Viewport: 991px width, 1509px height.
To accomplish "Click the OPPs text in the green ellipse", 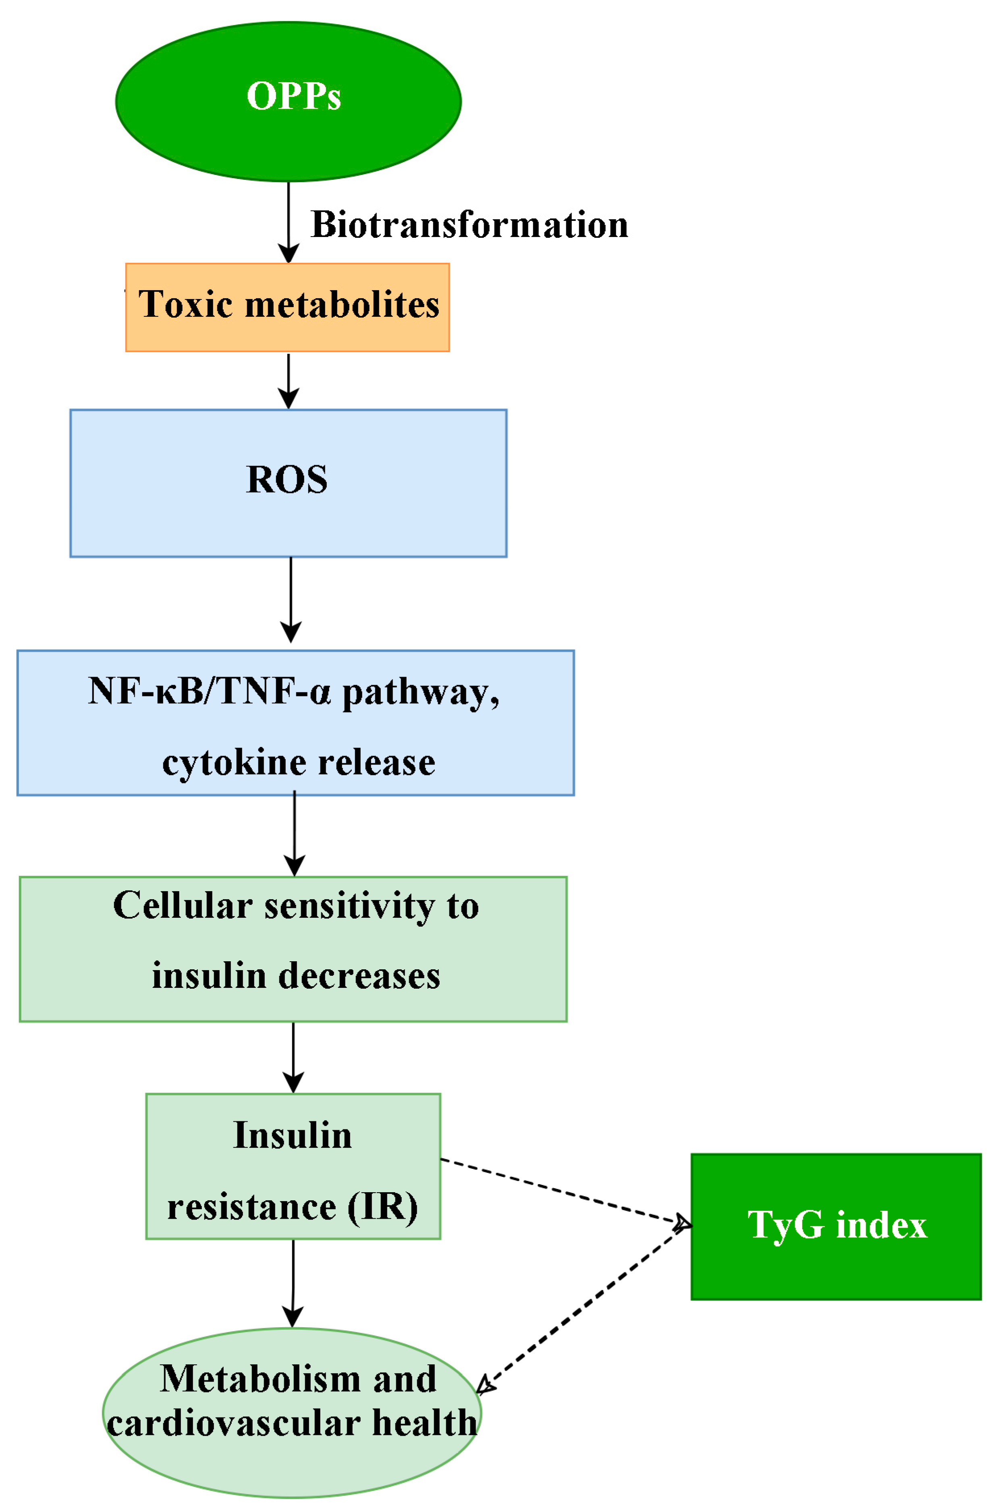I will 293,96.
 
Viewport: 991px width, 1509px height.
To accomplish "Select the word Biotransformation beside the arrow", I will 469,224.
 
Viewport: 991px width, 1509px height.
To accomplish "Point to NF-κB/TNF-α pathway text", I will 293,691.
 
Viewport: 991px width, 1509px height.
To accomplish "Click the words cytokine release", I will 299,762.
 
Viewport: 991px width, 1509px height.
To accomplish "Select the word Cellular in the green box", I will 183,905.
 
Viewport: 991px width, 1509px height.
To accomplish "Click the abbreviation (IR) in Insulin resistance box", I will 382,1207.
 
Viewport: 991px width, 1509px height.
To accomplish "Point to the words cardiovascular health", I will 292,1424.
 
